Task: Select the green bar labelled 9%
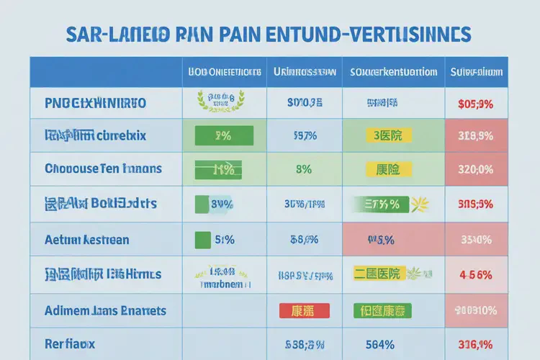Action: point(223,135)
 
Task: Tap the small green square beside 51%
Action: point(202,240)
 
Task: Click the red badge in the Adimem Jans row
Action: point(303,311)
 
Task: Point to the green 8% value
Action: point(303,170)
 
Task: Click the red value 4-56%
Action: point(475,274)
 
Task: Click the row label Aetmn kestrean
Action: point(87,240)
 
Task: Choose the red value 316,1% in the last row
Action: point(475,344)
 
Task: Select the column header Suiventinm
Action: point(476,72)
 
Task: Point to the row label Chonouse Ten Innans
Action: point(103,170)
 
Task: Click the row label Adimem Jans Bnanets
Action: point(105,311)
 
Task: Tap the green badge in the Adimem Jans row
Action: point(382,311)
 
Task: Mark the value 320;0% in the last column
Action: point(475,171)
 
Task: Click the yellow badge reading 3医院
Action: point(387,135)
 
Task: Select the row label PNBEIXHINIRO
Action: point(95,103)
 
